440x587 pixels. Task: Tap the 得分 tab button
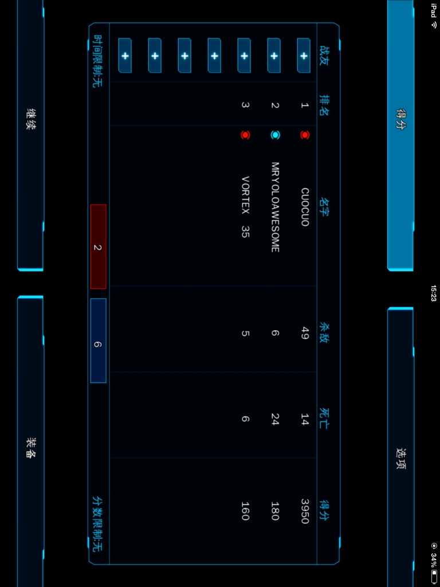click(x=400, y=135)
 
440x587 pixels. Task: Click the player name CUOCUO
click(x=305, y=206)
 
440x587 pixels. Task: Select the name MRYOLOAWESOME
click(x=275, y=206)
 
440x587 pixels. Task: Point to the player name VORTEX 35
click(x=245, y=206)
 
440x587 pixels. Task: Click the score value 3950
click(x=305, y=511)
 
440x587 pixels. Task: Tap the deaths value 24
click(x=275, y=419)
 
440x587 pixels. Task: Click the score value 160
click(x=245, y=511)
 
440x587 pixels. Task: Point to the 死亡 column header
click(x=324, y=419)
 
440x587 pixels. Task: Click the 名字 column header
click(x=324, y=206)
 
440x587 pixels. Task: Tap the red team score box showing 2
click(x=98, y=246)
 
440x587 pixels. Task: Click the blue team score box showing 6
click(x=98, y=341)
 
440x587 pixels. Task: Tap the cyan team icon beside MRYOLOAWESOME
click(x=275, y=135)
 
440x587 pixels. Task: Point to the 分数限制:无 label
click(x=97, y=524)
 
